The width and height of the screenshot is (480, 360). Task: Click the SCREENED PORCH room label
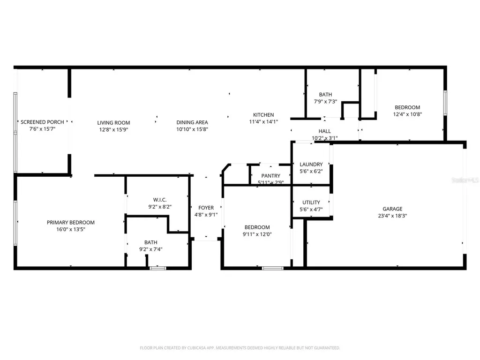tap(42, 122)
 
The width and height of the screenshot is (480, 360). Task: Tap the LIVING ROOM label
tap(113, 123)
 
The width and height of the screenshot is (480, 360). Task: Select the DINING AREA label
tap(192, 122)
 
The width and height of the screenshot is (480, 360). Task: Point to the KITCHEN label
tap(263, 115)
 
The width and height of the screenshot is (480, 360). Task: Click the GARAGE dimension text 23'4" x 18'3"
tap(392, 216)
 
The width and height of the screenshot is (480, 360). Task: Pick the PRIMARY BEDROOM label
tap(71, 223)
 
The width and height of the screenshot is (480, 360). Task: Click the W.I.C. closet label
tap(160, 200)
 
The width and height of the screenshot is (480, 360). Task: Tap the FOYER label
tap(206, 208)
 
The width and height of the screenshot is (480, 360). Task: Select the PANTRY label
tap(270, 176)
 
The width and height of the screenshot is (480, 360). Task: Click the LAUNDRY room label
tap(311, 165)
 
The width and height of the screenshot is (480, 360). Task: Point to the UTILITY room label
tap(311, 202)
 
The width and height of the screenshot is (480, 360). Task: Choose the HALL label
tap(324, 131)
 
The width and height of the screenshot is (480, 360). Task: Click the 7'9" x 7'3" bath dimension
tap(325, 101)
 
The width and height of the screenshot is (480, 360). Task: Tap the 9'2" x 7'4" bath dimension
tap(150, 249)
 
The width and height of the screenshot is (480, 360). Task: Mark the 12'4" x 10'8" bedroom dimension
tap(407, 114)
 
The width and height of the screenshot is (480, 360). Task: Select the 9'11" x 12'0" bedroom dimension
tap(257, 234)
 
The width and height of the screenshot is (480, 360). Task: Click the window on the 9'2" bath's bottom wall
tap(158, 268)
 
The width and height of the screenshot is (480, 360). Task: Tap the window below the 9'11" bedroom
tap(273, 268)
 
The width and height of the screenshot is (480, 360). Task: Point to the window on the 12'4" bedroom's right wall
tap(445, 103)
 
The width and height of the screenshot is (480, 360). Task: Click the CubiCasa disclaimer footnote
tap(240, 348)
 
